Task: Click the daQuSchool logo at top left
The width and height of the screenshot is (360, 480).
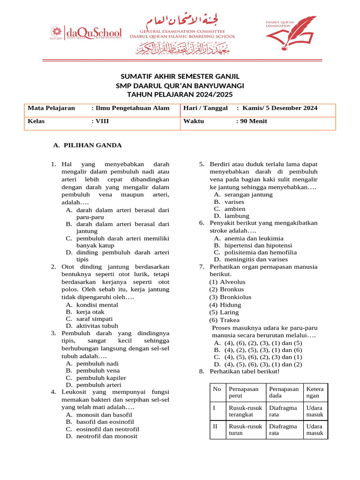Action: pyautogui.click(x=86, y=33)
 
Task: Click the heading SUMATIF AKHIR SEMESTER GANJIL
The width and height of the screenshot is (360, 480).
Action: pyautogui.click(x=180, y=76)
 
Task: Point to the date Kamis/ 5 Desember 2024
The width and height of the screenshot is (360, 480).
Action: pyautogui.click(x=277, y=108)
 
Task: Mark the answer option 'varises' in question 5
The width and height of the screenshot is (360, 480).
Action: pyautogui.click(x=234, y=202)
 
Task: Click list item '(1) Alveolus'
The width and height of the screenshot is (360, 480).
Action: pyautogui.click(x=227, y=282)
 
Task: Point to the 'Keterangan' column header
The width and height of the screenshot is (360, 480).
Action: pyautogui.click(x=315, y=392)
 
